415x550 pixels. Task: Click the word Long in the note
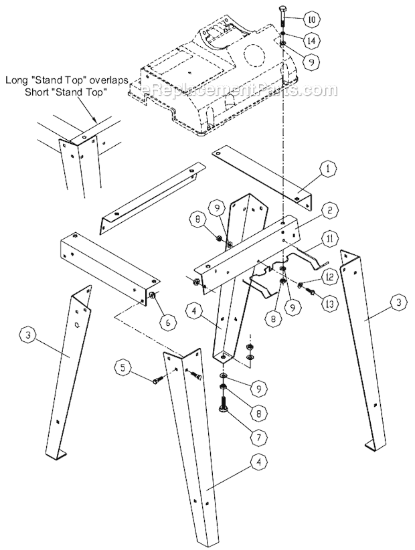pos(17,80)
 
